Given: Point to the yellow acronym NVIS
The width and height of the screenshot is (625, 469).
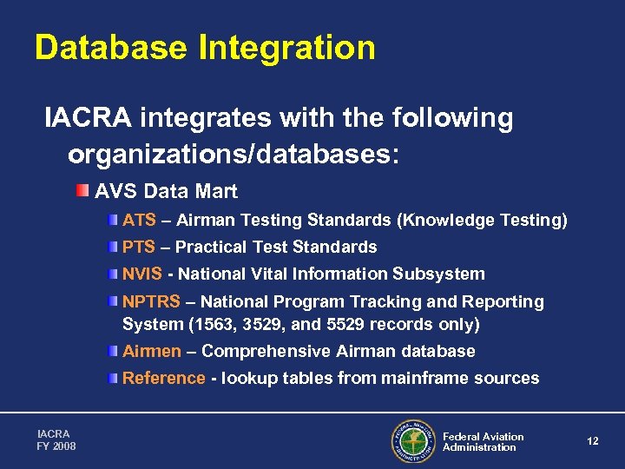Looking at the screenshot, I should pyautogui.click(x=142, y=274).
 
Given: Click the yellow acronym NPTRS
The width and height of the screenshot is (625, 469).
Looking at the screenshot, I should pyautogui.click(x=151, y=302).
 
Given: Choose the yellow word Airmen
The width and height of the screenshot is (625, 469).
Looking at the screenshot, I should pyautogui.click(x=152, y=352).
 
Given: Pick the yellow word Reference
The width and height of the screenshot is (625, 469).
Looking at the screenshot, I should pyautogui.click(x=164, y=379).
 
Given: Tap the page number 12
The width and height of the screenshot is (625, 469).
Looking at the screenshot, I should pyautogui.click(x=593, y=442).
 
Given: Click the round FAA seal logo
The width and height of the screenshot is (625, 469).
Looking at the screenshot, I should pyautogui.click(x=412, y=442).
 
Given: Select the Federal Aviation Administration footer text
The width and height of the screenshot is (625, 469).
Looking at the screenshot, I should pyautogui.click(x=483, y=442).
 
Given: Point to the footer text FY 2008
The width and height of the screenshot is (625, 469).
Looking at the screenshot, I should pyautogui.click(x=56, y=446).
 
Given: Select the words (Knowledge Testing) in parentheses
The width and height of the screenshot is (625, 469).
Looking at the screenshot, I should pyautogui.click(x=482, y=221).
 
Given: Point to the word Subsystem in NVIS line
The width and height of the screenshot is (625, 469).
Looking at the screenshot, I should pyautogui.click(x=438, y=274).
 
